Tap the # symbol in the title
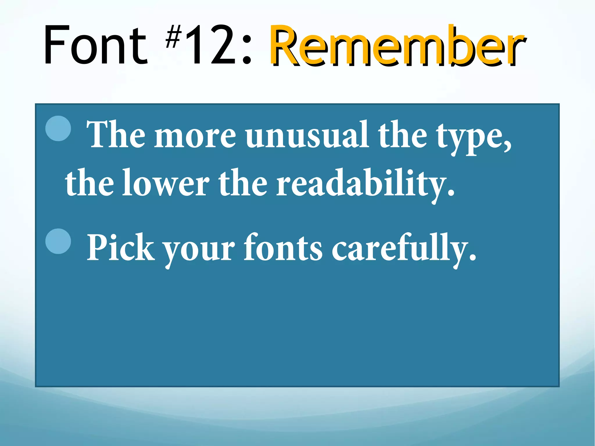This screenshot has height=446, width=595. point(173,37)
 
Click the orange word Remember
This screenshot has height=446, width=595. point(397,45)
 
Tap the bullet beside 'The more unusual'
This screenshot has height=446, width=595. point(58,128)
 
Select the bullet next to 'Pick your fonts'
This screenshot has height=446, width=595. point(58,241)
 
